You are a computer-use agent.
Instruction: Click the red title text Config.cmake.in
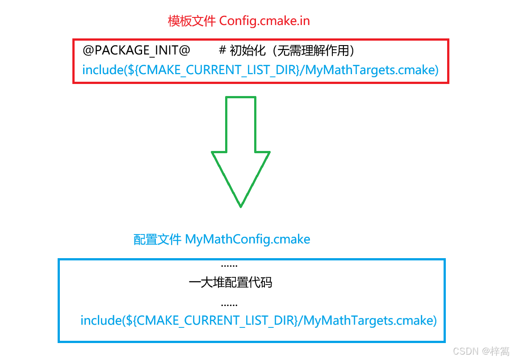pyautogui.click(x=264, y=21)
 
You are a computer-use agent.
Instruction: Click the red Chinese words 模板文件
pyautogui.click(x=192, y=21)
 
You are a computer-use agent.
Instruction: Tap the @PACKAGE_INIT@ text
pyautogui.click(x=137, y=50)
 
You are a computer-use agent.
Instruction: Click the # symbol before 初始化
pyautogui.click(x=222, y=51)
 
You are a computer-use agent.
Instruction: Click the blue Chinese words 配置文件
pyautogui.click(x=158, y=239)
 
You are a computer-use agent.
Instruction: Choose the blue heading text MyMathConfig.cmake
pyautogui.click(x=247, y=239)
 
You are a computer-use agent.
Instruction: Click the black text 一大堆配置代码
pyautogui.click(x=230, y=283)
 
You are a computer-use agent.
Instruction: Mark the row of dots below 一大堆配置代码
pyautogui.click(x=229, y=305)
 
